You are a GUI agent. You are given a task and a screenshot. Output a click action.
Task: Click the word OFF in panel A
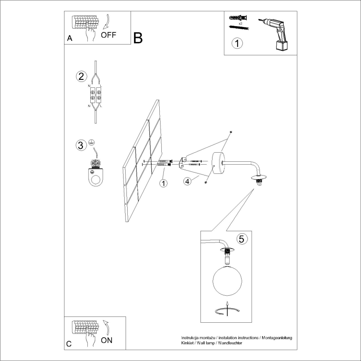pyautogui.click(x=109, y=35)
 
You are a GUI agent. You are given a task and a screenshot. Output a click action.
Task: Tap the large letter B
pyautogui.click(x=138, y=38)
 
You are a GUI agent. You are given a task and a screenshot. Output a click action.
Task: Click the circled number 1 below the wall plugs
pyautogui.click(x=236, y=43)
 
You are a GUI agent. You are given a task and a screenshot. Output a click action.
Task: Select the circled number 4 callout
pyautogui.click(x=188, y=181)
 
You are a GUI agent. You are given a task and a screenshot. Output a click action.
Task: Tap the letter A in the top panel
pyautogui.click(x=69, y=38)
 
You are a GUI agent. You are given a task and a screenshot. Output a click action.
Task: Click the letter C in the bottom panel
pyautogui.click(x=69, y=344)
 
